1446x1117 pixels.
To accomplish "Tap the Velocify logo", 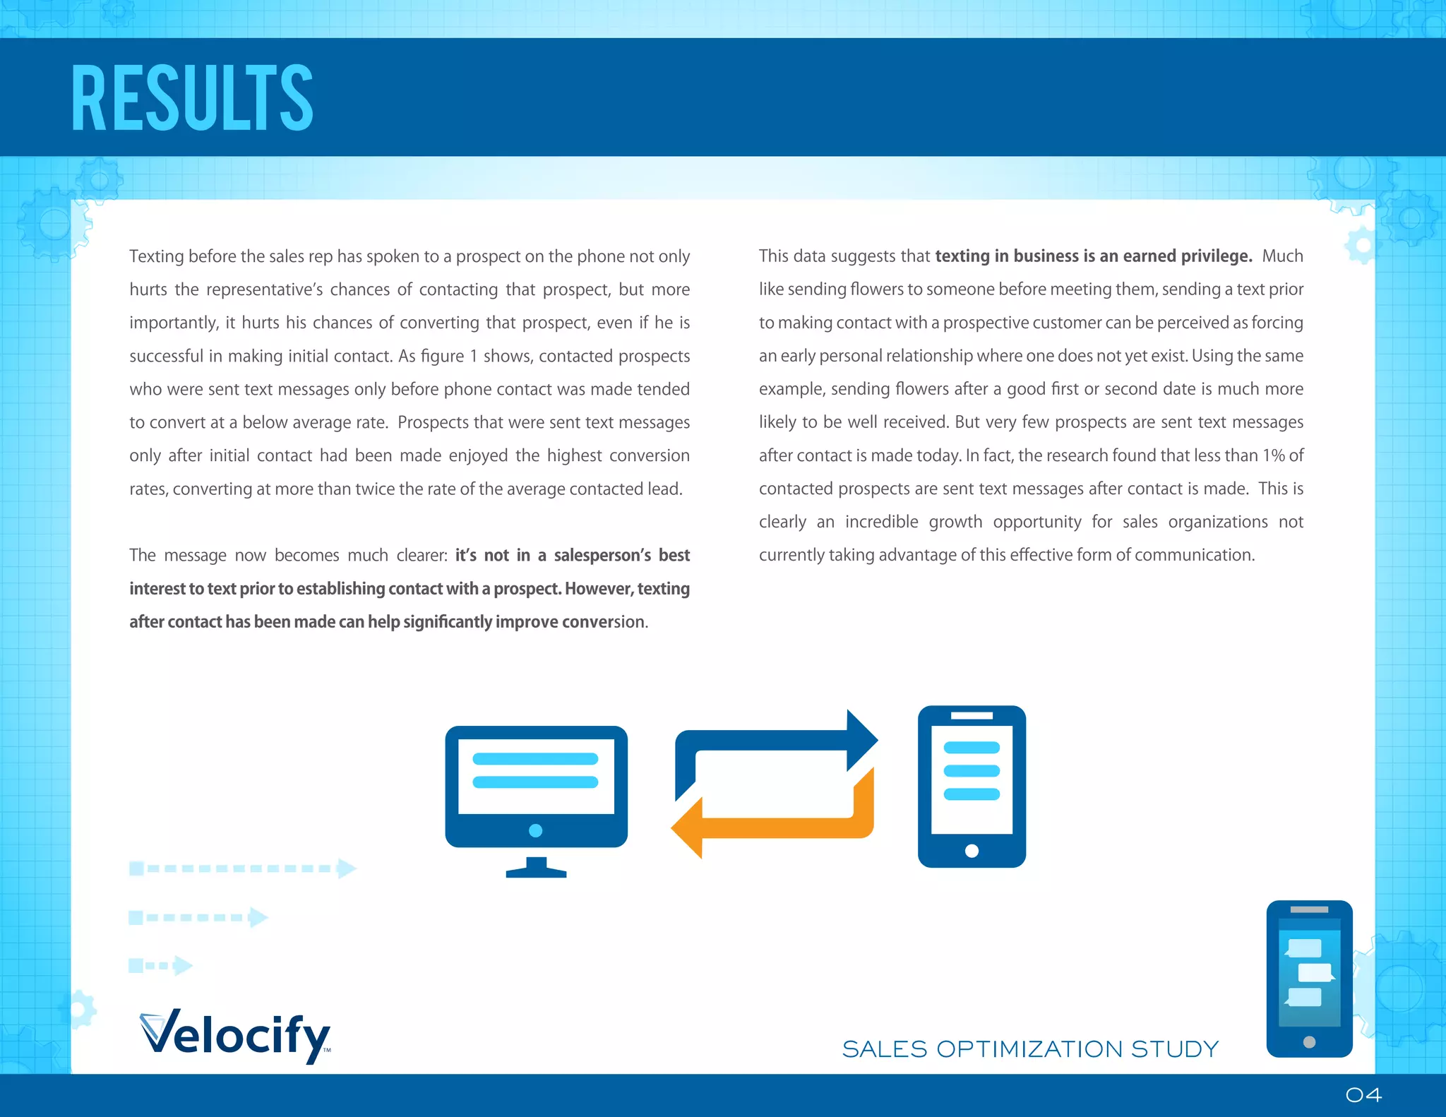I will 236,1034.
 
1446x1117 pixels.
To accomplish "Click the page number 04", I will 1363,1095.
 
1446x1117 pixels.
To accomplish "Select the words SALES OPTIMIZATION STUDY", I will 1030,1049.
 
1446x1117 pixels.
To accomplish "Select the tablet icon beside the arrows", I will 972,786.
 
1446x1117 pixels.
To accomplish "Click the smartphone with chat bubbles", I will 1309,978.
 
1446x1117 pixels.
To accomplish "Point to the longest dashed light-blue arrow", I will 242,868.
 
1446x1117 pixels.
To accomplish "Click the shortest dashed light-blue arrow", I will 160,965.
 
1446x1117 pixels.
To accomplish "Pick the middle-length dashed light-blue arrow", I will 198,917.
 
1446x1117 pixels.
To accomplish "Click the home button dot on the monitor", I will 536,830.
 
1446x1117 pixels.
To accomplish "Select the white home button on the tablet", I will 972,851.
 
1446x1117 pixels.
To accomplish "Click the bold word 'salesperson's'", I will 602,556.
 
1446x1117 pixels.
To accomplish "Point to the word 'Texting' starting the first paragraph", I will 156,256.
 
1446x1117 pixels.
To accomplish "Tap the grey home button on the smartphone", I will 1309,1042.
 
